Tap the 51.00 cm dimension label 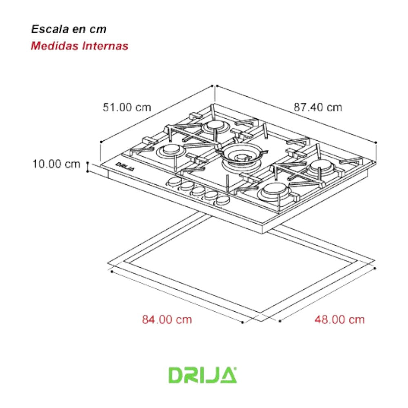pos(126,108)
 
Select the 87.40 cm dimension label pos(318,108)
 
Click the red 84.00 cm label pos(167,319)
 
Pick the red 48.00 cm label pos(339,319)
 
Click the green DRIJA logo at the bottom pos(203,375)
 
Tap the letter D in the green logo pos(177,375)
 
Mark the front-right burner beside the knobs pos(275,191)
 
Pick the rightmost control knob pos(223,200)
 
